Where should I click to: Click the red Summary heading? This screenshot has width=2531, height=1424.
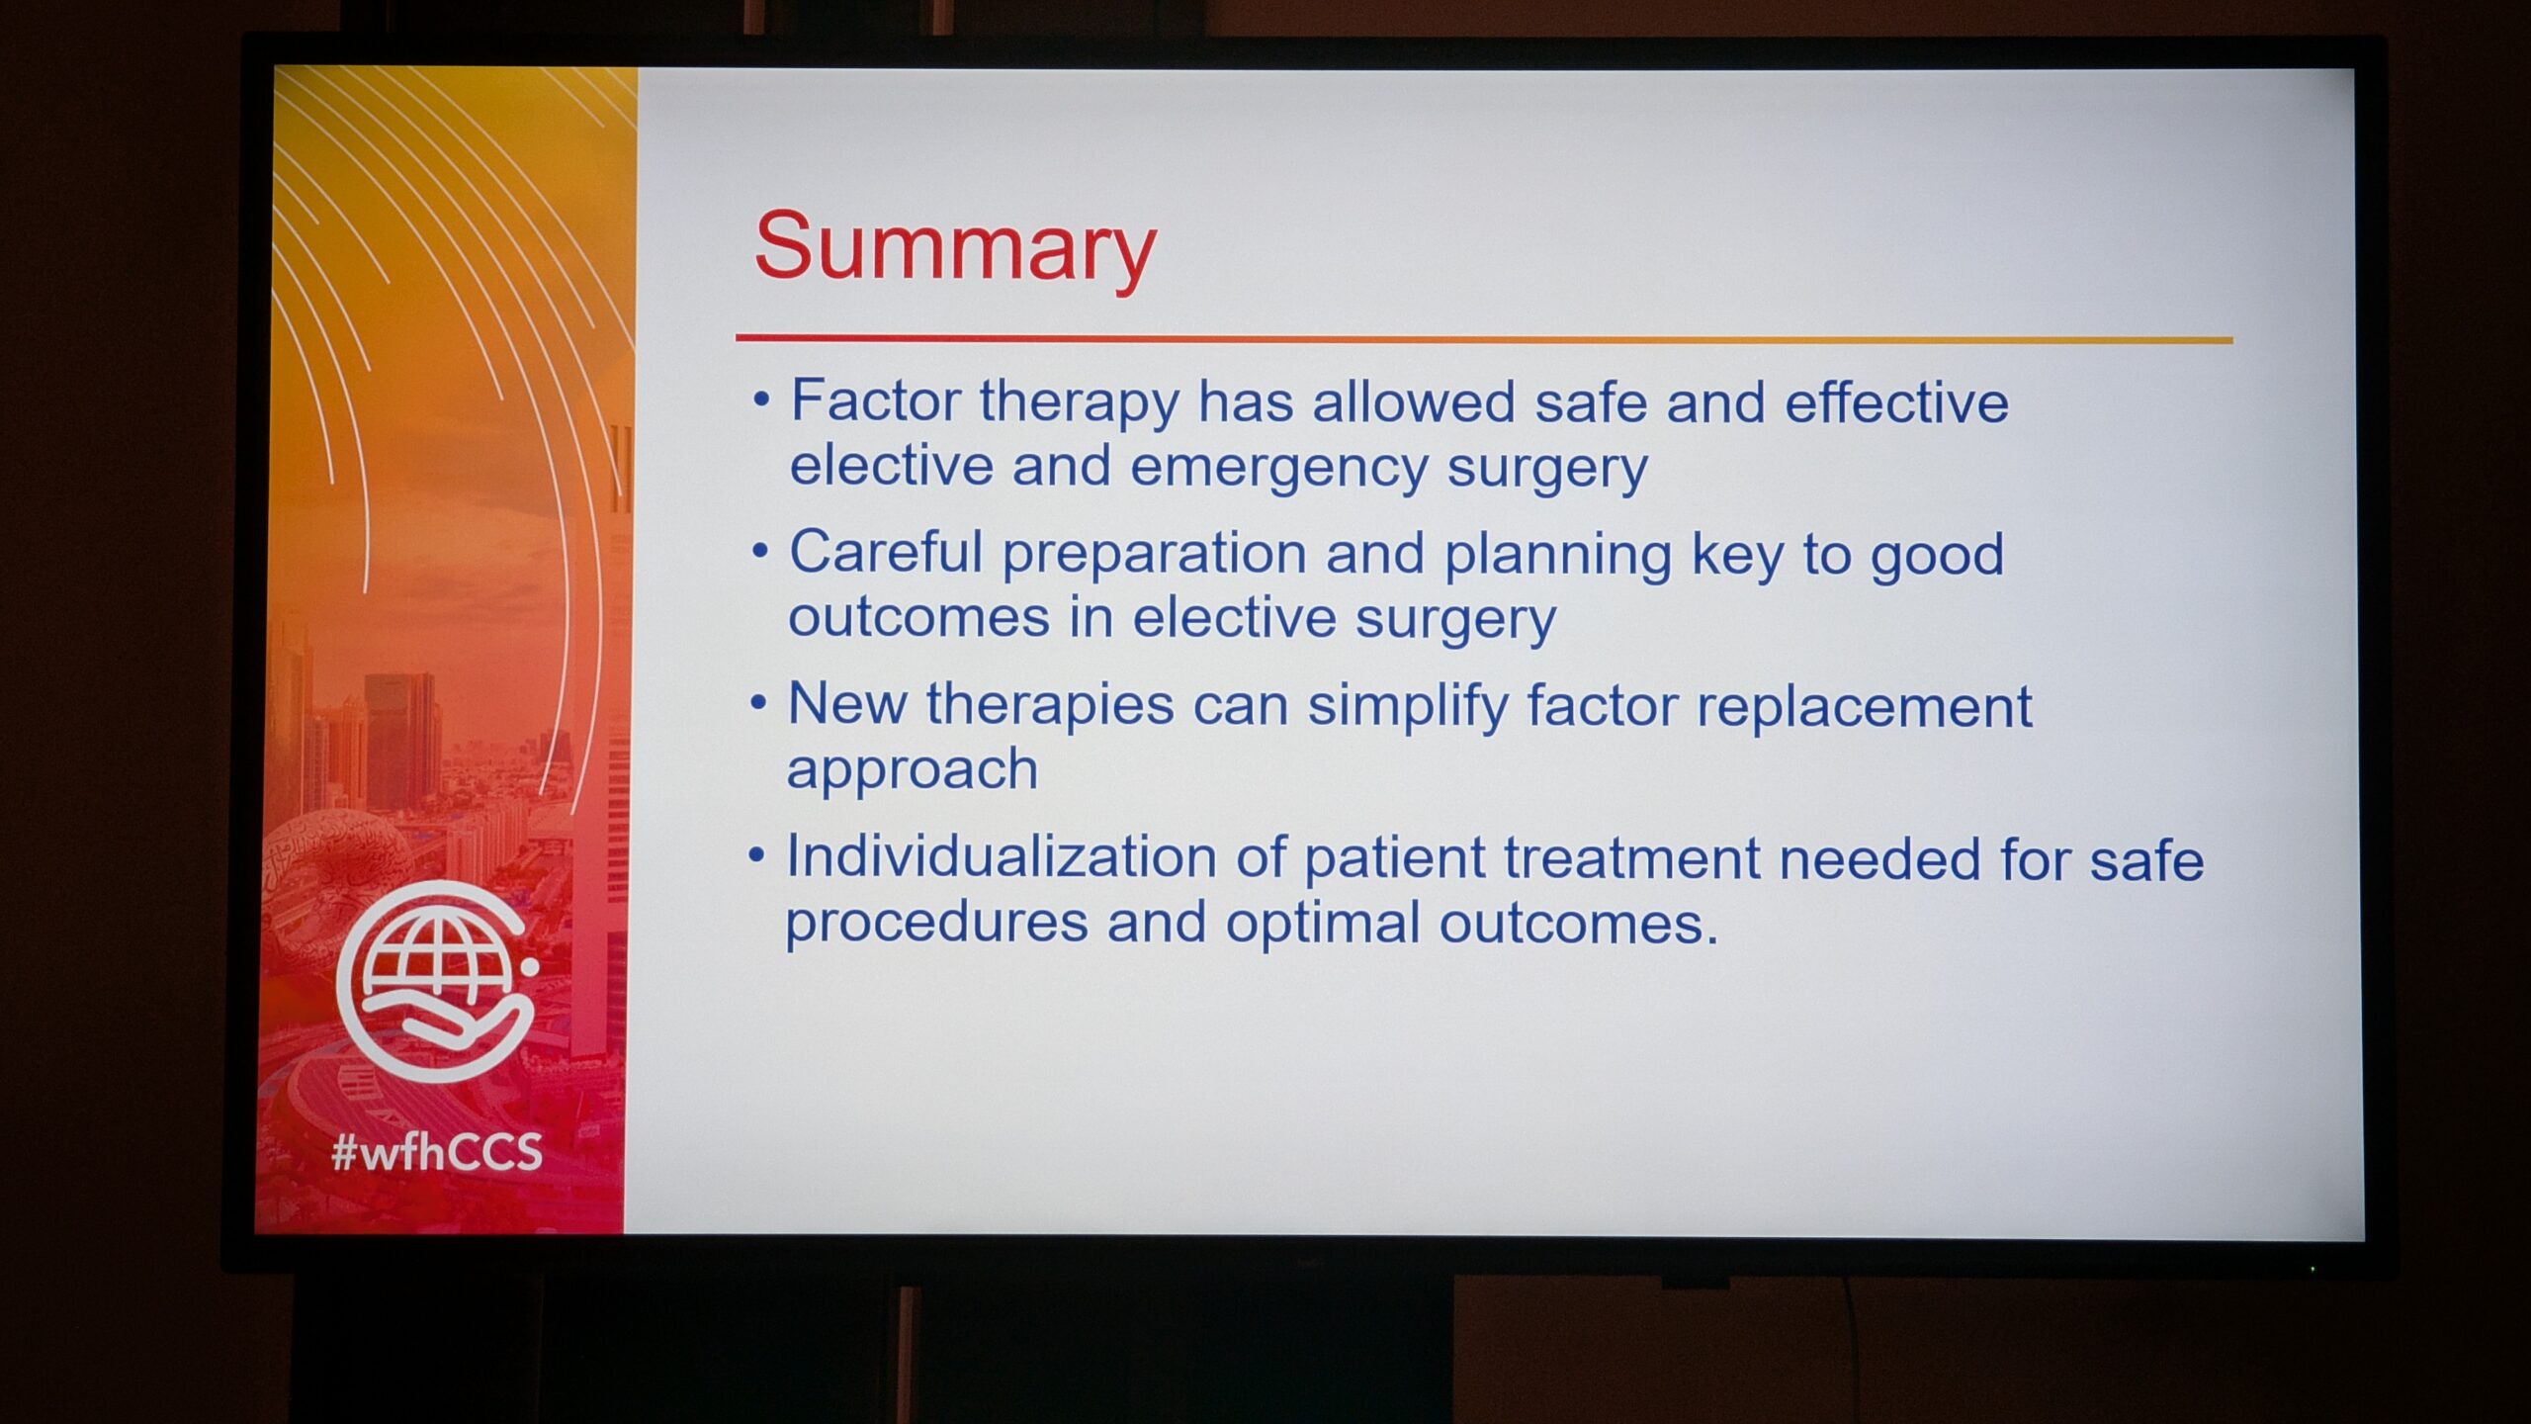(x=954, y=249)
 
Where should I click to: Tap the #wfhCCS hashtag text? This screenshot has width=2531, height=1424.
(x=438, y=1152)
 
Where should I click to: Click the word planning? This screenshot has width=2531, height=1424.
(x=1558, y=556)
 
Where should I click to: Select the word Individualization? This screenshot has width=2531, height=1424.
(x=1002, y=856)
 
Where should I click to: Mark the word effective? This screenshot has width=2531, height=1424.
(x=1896, y=402)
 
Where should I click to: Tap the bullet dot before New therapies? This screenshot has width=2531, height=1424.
(x=758, y=704)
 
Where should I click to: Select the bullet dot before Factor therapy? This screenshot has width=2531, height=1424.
(x=761, y=400)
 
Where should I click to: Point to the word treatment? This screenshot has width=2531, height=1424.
(x=1632, y=858)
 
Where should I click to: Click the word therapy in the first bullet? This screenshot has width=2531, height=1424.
(x=1080, y=404)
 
